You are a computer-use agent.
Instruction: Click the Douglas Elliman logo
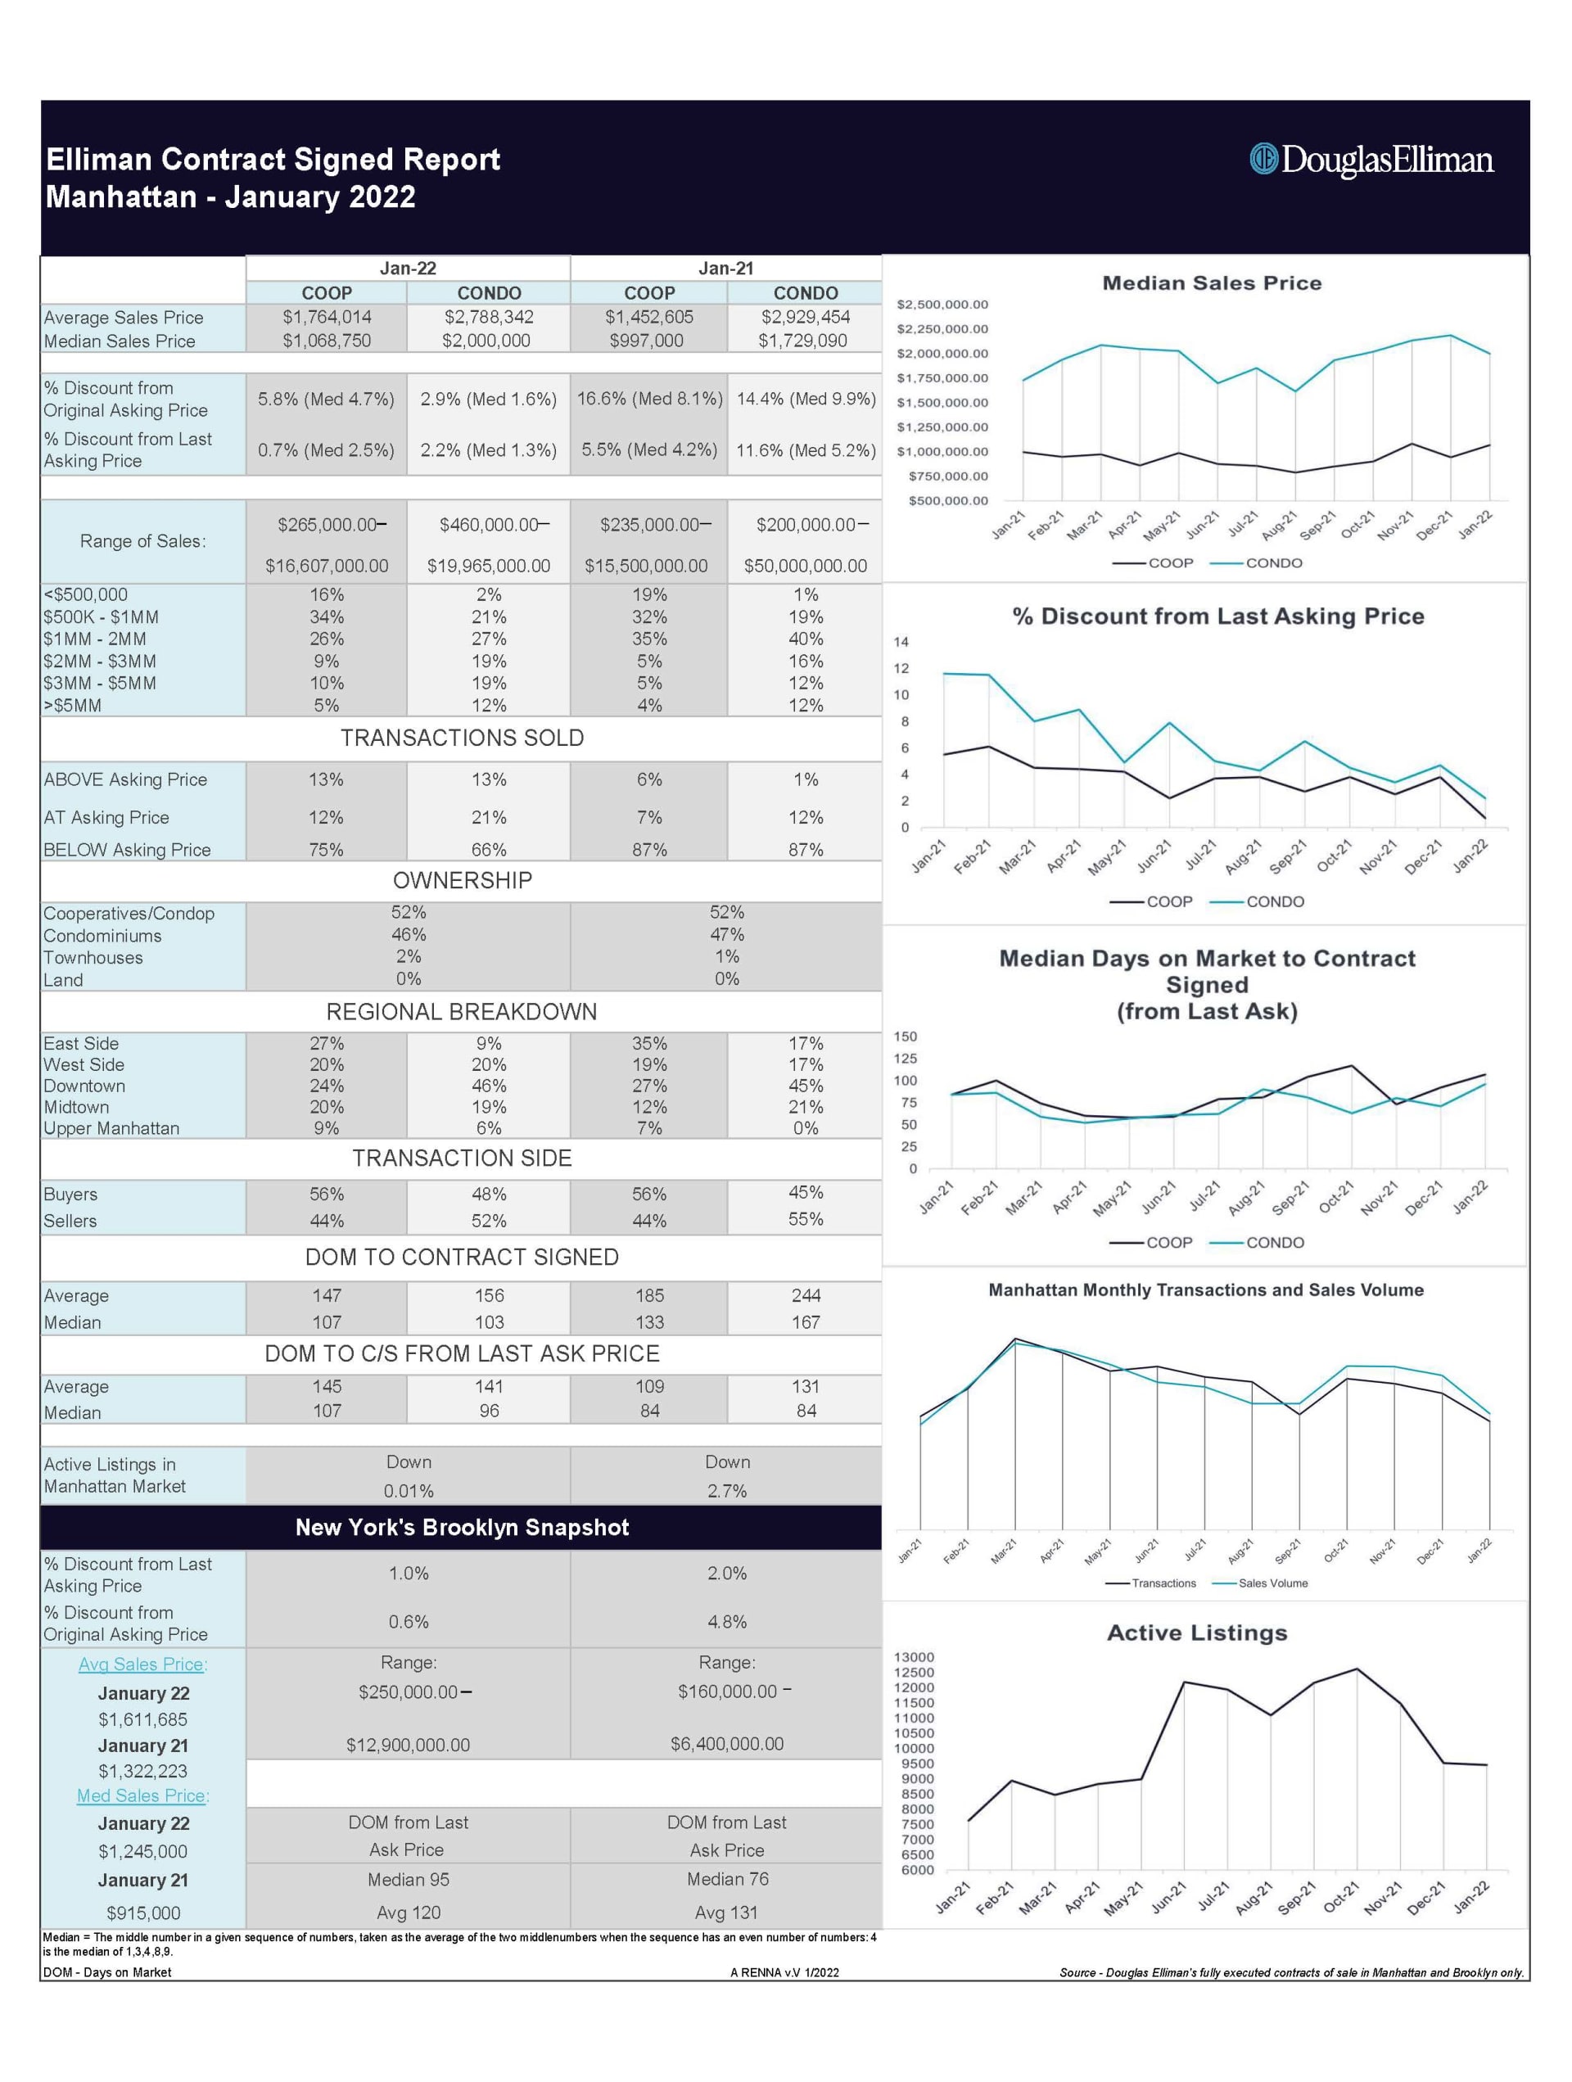pos(1371,159)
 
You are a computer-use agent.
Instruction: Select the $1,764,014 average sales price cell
pos(327,317)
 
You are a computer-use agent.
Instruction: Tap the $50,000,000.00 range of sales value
pos(805,566)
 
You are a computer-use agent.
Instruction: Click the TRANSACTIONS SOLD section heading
pos(461,738)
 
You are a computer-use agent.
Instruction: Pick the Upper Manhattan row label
pos(111,1127)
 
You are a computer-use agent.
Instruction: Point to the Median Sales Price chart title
pos(1212,283)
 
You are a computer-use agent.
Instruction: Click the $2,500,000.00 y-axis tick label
pos(942,305)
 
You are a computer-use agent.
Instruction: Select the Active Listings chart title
pos(1196,1633)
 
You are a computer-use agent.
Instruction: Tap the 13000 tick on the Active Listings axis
pos(914,1658)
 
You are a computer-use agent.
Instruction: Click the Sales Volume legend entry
pos(1272,1583)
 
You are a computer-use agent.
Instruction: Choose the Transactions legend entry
pos(1163,1583)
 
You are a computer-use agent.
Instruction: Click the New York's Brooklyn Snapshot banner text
pos(461,1528)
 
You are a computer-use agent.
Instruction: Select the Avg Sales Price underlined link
pos(143,1664)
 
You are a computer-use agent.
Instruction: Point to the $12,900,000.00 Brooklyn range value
pos(408,1745)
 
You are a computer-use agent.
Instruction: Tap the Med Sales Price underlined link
pos(143,1796)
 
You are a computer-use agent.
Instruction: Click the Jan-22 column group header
pos(408,269)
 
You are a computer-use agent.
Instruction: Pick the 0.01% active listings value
pos(408,1491)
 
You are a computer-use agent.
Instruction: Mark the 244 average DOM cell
pos(806,1295)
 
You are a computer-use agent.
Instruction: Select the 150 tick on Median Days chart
pos(905,1036)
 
